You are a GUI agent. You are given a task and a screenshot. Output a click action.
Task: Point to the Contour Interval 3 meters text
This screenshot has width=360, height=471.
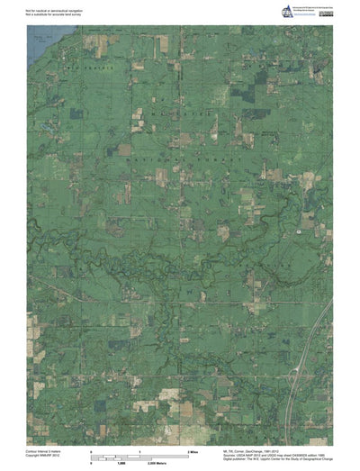click(46, 448)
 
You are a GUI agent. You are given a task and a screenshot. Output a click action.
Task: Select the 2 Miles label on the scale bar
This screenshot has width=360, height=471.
click(192, 449)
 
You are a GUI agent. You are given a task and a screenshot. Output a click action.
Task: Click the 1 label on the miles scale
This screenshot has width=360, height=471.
click(139, 449)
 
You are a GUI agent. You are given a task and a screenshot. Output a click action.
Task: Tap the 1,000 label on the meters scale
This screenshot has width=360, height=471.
click(139, 462)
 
